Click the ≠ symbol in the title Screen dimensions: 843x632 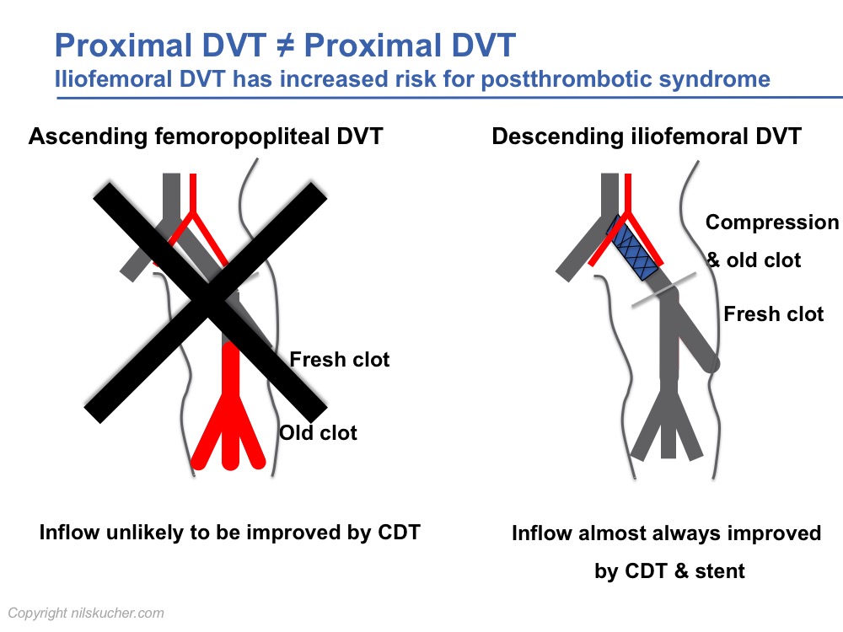coord(285,46)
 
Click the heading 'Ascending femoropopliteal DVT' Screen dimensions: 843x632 coord(206,136)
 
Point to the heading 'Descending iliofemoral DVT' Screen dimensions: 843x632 coord(647,136)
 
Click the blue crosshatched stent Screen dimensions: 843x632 coord(633,248)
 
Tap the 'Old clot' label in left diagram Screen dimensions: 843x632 coord(319,432)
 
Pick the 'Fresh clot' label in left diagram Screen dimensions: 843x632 coord(339,360)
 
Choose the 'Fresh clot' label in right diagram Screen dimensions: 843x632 coord(774,313)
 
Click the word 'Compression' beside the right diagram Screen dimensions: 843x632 coord(772,222)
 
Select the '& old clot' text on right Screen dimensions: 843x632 coord(754,260)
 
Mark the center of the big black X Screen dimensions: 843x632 coord(208,302)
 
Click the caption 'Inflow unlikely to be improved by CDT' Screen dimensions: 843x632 coord(229,533)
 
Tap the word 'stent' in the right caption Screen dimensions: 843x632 coord(720,570)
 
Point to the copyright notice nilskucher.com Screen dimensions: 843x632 coord(86,613)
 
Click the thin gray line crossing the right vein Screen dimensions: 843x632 coord(663,290)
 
